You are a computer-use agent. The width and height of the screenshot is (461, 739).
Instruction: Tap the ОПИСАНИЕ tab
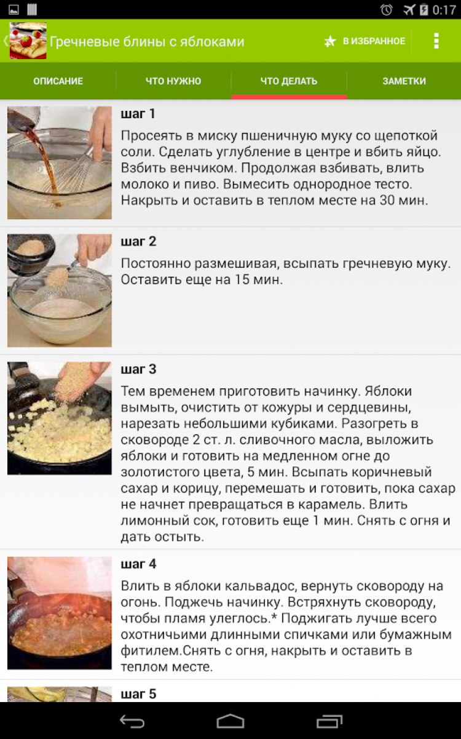point(58,81)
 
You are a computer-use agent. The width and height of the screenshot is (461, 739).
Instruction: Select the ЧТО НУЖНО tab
point(173,81)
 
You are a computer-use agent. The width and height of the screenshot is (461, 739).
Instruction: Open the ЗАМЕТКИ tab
point(404,81)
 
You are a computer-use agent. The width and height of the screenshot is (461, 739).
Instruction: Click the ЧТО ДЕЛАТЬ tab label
point(289,81)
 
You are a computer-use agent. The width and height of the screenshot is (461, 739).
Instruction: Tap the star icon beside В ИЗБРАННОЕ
point(330,41)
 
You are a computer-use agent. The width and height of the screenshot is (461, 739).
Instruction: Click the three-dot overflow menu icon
point(436,41)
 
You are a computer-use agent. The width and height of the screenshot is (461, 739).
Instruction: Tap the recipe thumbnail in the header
point(28,41)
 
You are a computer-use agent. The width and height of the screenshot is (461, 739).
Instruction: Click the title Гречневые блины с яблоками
point(147,42)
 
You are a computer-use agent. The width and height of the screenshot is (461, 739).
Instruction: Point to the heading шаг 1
point(138,114)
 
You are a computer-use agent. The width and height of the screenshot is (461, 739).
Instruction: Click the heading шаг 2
point(138,241)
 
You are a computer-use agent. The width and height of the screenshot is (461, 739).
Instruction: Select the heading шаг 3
point(138,369)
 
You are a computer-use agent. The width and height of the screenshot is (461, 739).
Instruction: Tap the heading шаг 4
point(138,564)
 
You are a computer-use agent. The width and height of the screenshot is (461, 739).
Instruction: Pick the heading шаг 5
point(138,694)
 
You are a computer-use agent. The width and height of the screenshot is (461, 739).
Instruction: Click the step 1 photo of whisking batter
point(60,162)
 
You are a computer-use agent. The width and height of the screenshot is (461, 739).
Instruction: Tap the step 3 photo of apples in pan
point(60,418)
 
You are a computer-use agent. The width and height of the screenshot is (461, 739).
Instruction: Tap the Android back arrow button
point(132,721)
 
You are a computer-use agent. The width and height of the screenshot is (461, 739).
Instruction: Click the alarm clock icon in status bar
point(386,10)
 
